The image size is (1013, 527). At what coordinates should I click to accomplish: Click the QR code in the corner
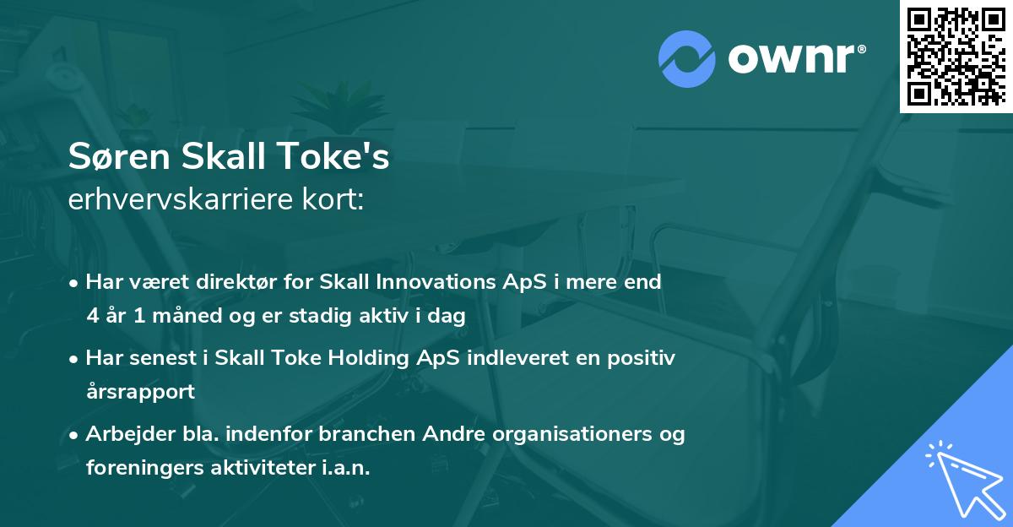(x=956, y=56)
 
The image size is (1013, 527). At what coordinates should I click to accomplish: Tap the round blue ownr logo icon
(x=686, y=58)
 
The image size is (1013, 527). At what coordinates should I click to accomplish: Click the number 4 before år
(x=91, y=317)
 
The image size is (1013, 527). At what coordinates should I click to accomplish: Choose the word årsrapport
(x=140, y=392)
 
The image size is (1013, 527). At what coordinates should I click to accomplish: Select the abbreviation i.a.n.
(x=344, y=468)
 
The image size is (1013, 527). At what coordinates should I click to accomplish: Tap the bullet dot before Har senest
(x=74, y=358)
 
